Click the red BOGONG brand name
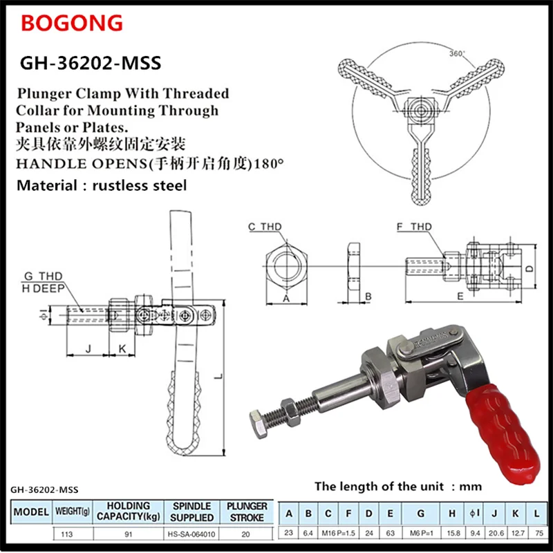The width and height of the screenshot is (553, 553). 72,24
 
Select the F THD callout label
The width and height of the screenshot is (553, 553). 414,227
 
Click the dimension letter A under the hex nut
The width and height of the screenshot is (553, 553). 286,297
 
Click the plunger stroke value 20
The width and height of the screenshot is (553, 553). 246,533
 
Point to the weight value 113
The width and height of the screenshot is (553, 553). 68,533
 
